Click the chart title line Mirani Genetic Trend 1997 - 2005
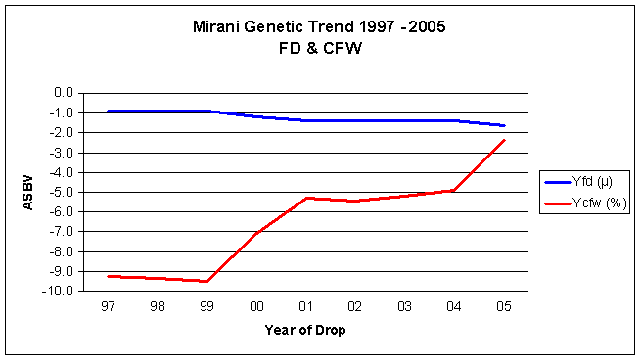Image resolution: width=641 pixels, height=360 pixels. [319, 27]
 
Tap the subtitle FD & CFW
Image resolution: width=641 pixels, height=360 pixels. [320, 48]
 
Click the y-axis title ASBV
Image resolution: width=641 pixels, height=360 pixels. [27, 193]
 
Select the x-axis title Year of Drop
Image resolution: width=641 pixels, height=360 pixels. [305, 330]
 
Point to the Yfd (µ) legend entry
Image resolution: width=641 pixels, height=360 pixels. [578, 181]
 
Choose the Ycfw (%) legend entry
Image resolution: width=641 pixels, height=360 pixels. [585, 202]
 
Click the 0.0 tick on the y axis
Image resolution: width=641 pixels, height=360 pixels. [64, 93]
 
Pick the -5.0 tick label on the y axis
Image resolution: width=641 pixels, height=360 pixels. [62, 192]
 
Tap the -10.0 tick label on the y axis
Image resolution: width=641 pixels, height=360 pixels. [58, 291]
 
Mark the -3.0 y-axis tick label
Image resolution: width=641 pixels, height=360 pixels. [62, 153]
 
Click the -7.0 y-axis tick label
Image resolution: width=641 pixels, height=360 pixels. [62, 232]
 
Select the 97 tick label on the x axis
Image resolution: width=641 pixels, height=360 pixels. [108, 306]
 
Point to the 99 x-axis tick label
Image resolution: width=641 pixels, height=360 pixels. [206, 306]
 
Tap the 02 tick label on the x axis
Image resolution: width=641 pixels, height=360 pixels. [355, 306]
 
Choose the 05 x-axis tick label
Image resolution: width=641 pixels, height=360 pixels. [503, 306]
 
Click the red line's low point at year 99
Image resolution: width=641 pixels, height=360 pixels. [206, 281]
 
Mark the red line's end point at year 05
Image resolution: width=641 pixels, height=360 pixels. [504, 140]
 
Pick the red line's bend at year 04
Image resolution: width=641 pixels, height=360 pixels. [454, 190]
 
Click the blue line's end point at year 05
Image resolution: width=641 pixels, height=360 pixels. [504, 125]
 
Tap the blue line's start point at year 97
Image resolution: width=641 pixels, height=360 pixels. [109, 111]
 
